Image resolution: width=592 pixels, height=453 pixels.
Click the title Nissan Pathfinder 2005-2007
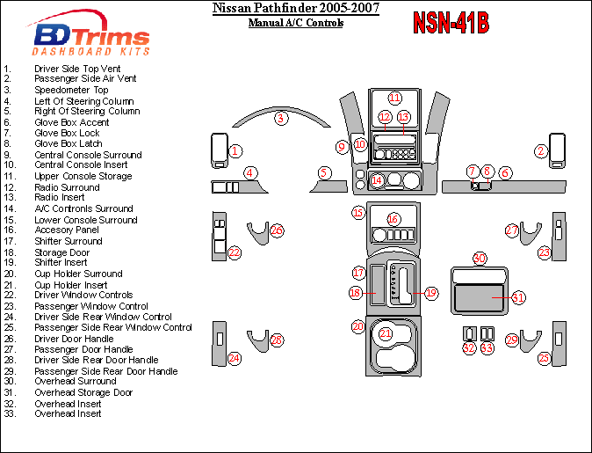[296, 9]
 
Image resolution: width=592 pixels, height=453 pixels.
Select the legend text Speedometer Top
[71, 90]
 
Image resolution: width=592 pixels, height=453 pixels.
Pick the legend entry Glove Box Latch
[69, 143]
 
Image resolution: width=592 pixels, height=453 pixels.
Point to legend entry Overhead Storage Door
[83, 392]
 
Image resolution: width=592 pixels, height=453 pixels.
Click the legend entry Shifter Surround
[69, 241]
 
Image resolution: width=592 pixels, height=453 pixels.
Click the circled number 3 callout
[280, 118]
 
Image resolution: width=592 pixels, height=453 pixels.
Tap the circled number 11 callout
[394, 98]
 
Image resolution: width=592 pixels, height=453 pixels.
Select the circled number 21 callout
[386, 333]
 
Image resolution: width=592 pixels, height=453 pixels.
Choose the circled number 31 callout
[518, 298]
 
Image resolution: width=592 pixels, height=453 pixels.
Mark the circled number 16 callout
[393, 219]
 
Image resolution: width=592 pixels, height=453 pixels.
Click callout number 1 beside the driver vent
[235, 151]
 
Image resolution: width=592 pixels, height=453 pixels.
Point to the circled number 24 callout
[234, 358]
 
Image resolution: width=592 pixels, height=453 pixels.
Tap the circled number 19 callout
[430, 292]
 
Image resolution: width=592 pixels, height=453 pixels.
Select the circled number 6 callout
[505, 172]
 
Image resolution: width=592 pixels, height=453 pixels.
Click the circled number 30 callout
[480, 258]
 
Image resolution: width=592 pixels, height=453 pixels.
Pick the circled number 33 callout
[487, 348]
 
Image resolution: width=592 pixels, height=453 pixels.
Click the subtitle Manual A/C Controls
[296, 23]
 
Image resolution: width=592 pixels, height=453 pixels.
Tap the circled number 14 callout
[377, 180]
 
